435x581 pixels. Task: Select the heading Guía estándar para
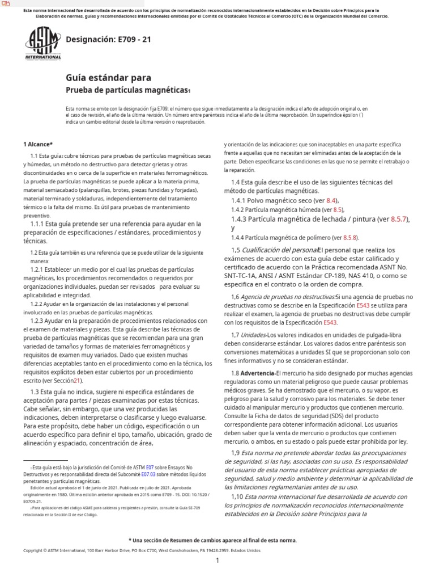coord(109,78)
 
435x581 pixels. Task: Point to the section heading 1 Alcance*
coord(38,145)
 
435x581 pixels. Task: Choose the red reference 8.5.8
coord(351,238)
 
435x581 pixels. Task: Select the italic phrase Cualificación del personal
coord(279,250)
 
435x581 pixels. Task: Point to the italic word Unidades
coord(253,335)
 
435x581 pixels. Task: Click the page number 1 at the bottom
coord(217,561)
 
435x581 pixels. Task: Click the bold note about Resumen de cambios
coord(212,540)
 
